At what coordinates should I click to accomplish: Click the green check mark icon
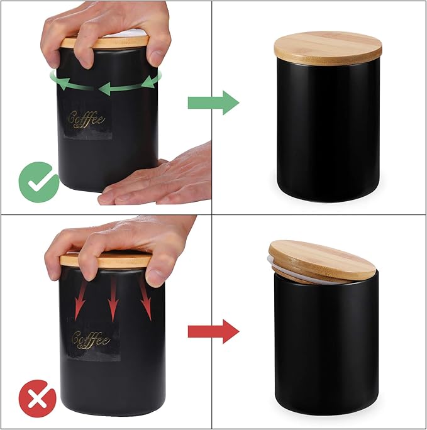pyautogui.click(x=38, y=181)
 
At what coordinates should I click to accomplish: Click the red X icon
pyautogui.click(x=37, y=399)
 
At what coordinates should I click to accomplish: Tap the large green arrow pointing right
pyautogui.click(x=213, y=102)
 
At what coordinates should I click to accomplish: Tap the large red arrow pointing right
pyautogui.click(x=213, y=331)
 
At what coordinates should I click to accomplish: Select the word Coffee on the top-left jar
pyautogui.click(x=86, y=119)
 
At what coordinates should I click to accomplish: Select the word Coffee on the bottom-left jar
pyautogui.click(x=91, y=339)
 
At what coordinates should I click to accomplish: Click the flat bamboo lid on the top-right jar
pyautogui.click(x=328, y=47)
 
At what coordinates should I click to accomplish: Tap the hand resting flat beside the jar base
pyautogui.click(x=164, y=182)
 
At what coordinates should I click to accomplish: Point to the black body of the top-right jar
pyautogui.click(x=327, y=132)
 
